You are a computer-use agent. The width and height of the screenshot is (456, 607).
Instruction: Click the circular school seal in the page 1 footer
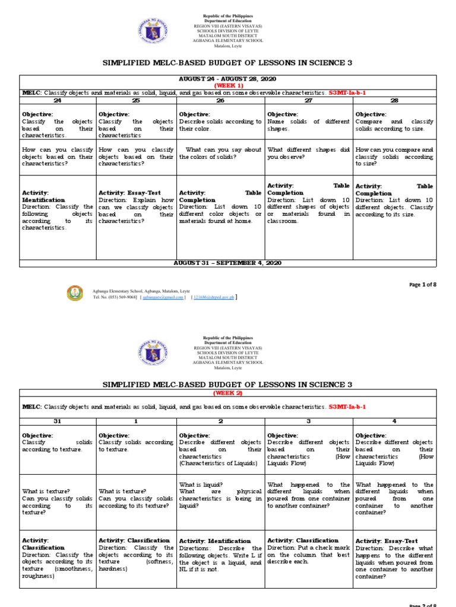(75, 293)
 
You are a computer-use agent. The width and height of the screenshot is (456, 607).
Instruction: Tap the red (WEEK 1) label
(227, 85)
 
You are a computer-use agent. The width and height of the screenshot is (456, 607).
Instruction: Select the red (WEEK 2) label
(227, 393)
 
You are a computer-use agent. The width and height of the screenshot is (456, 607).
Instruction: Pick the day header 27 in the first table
(309, 101)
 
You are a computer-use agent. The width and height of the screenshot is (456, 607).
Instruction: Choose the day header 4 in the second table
(394, 421)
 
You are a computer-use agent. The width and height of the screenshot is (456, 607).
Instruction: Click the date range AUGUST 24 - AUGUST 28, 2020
(227, 79)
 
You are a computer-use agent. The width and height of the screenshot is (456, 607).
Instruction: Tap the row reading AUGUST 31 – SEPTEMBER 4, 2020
(227, 263)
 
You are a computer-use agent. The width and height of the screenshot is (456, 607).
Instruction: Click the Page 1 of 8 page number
(423, 285)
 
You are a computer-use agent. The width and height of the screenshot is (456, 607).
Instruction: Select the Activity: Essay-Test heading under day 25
(129, 193)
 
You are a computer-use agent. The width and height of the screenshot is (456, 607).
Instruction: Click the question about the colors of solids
(220, 154)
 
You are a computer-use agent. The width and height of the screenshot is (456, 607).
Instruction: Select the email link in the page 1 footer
(163, 298)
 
